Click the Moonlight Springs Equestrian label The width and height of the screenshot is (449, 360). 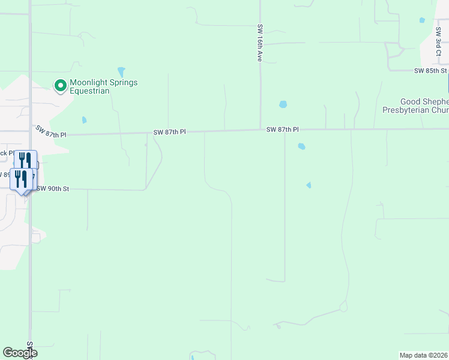[103, 86]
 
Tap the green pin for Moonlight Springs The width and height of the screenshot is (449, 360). [60, 86]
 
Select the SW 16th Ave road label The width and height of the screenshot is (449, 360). [260, 43]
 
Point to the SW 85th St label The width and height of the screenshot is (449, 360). [430, 71]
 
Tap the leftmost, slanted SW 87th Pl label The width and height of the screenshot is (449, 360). [50, 132]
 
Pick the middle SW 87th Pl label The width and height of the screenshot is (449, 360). [170, 131]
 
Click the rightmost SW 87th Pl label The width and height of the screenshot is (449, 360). [283, 129]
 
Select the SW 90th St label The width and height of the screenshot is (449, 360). [53, 188]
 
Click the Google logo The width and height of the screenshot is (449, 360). [20, 353]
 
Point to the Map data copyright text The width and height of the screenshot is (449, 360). [424, 355]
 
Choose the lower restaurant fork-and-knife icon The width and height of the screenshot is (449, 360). [21, 178]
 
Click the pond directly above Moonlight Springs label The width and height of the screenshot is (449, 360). [121, 72]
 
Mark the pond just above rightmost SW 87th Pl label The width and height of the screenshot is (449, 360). [283, 104]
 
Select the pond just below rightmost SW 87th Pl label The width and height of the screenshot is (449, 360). [301, 146]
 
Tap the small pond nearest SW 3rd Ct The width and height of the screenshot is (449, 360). [422, 20]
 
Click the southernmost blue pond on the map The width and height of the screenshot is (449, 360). [309, 185]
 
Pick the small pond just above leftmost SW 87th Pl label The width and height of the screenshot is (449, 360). [84, 119]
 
